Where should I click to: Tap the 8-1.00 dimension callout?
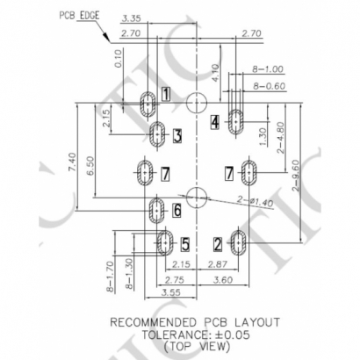pos(268,68)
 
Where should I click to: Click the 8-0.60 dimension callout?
pos(268,85)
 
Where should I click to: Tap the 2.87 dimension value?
pos(220,264)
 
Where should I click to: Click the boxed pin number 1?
pos(165,94)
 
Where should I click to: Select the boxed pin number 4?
pos(215,123)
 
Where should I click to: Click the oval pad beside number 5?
pos(164,241)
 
